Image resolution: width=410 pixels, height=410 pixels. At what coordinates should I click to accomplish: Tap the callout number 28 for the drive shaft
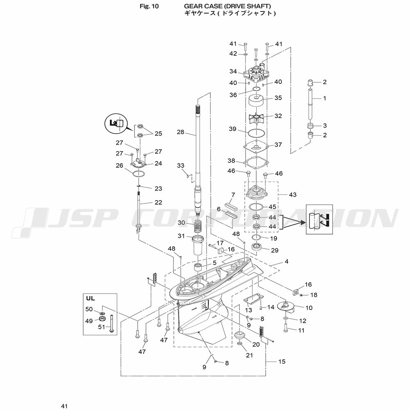tap(180, 132)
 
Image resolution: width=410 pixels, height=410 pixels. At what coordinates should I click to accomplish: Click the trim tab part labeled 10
tap(287, 306)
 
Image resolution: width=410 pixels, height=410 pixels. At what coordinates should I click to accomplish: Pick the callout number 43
tap(293, 194)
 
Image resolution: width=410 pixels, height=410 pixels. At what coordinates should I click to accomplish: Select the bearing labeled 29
tap(257, 247)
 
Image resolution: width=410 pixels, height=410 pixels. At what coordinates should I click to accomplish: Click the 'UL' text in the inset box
tap(91, 298)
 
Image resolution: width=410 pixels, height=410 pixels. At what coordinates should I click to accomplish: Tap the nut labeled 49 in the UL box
tap(102, 319)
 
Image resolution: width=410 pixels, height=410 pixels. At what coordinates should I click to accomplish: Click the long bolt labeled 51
tap(112, 324)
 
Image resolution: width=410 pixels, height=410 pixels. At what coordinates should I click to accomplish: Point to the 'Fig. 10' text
tap(149, 6)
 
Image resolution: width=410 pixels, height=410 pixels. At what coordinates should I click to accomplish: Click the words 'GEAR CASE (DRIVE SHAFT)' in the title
tap(228, 6)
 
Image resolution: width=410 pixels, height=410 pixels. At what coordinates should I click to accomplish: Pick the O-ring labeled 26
tap(138, 173)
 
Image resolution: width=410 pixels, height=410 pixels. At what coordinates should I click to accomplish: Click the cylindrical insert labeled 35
tap(257, 101)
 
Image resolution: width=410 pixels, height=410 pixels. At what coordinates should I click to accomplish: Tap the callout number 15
tap(282, 362)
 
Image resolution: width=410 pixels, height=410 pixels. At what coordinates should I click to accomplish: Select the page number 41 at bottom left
tap(64, 406)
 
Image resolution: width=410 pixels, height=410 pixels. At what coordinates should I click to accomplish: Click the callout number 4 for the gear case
tap(287, 262)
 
